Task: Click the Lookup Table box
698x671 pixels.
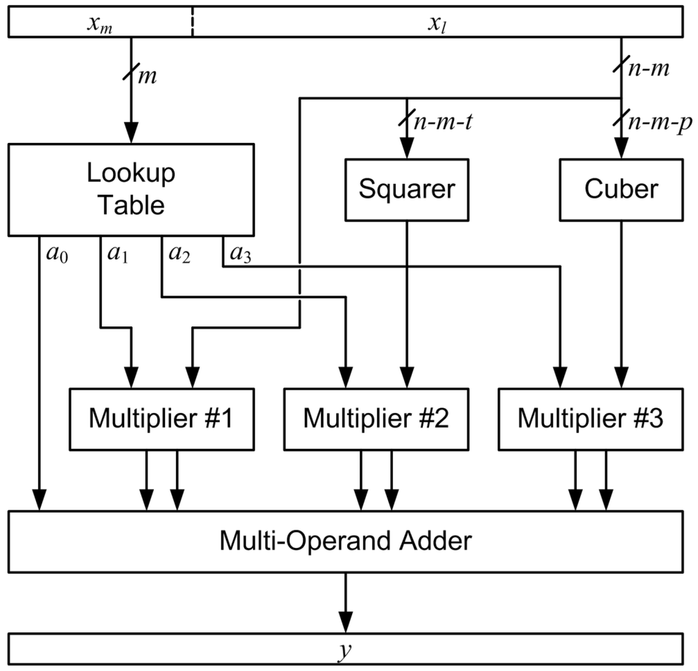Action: click(x=131, y=189)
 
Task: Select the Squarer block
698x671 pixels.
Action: click(x=406, y=190)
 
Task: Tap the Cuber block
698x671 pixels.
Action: click(x=621, y=190)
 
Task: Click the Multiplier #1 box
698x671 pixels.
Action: click(x=161, y=419)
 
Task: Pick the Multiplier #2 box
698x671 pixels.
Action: click(x=376, y=419)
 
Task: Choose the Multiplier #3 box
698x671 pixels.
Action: click(x=590, y=419)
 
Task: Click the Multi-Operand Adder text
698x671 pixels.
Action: click(x=345, y=541)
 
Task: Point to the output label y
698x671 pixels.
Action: click(x=344, y=650)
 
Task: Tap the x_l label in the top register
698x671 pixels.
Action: click(x=437, y=23)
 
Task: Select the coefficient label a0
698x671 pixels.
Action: click(x=57, y=254)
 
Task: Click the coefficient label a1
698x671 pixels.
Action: click(x=118, y=254)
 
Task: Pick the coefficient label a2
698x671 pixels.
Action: click(x=180, y=254)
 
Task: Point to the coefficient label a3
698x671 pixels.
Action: click(x=241, y=254)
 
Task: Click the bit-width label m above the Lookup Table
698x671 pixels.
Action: click(x=147, y=76)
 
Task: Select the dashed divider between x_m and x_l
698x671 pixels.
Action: click(x=193, y=21)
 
